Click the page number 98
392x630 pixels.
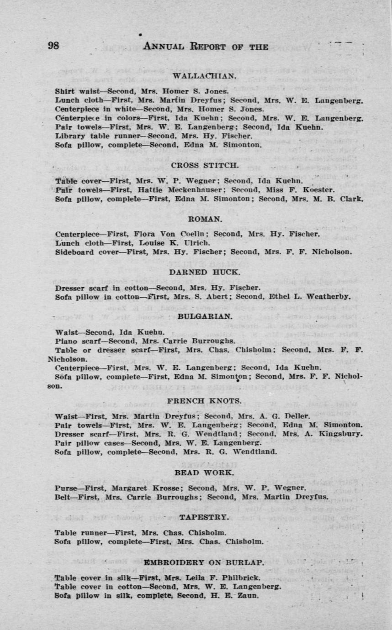pos(53,46)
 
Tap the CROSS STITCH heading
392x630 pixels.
pos(204,165)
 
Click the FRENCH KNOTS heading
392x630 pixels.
pos(204,401)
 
